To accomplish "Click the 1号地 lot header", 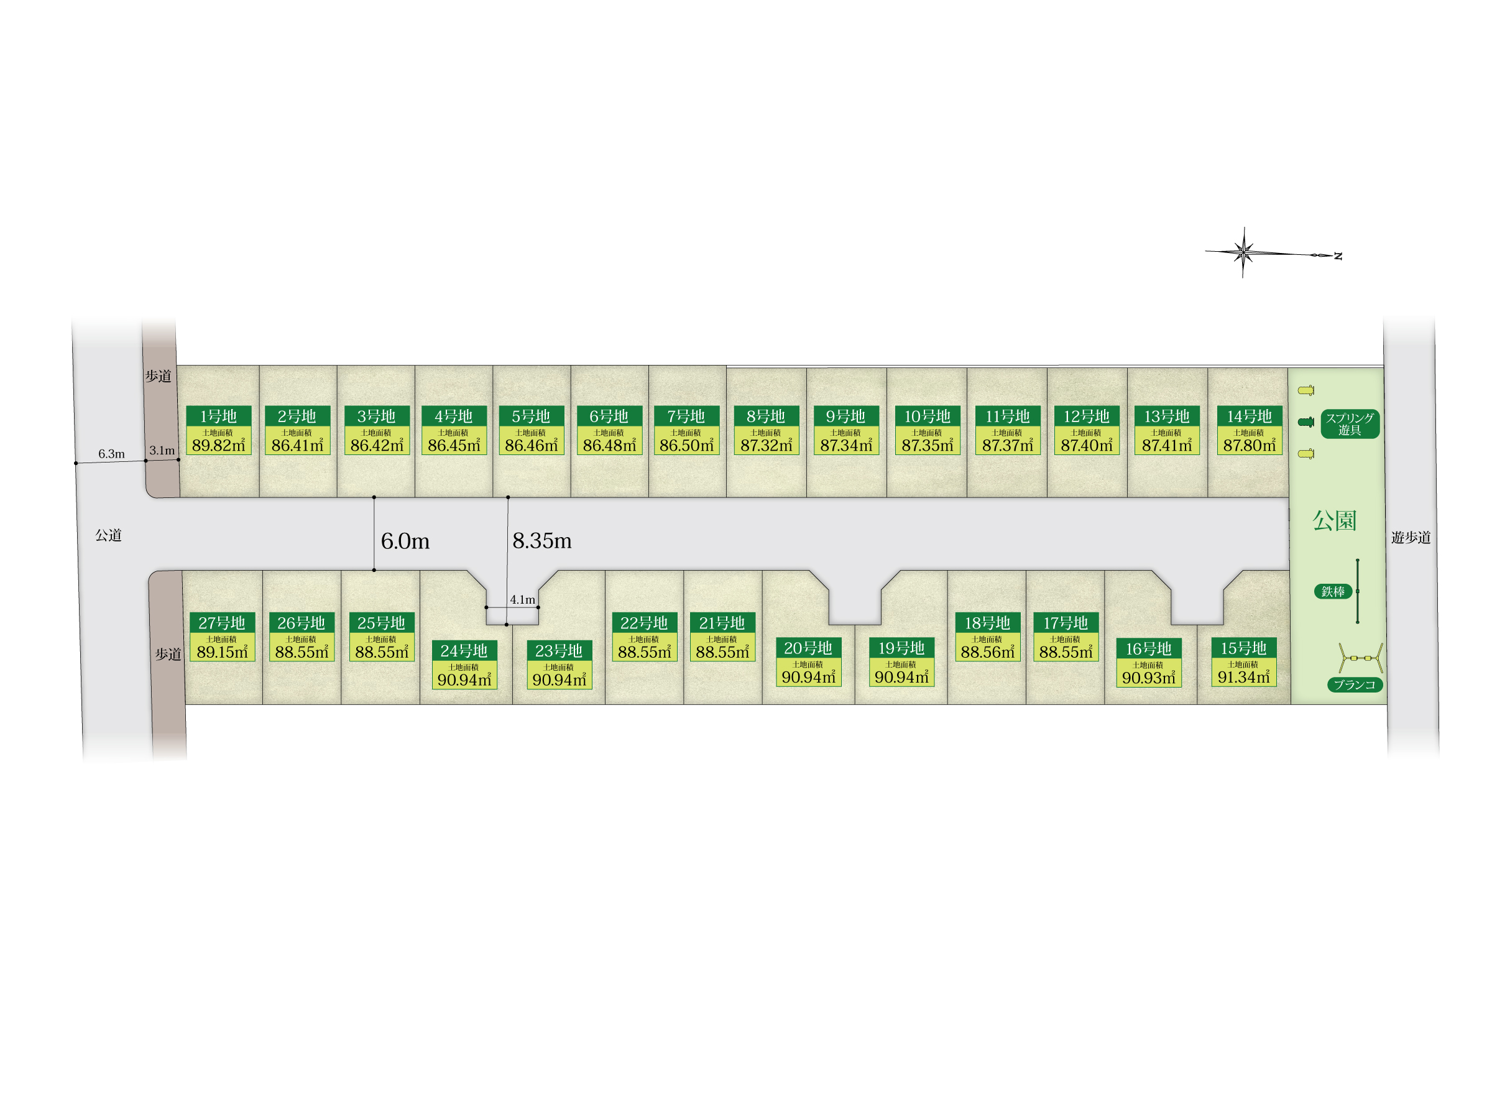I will click(x=219, y=416).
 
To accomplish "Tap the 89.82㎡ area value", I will click(x=219, y=445).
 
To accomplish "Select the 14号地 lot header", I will click(x=1248, y=416).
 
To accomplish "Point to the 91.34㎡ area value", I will click(x=1243, y=677).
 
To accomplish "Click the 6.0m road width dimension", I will click(x=405, y=541).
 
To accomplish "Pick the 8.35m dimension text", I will click(x=541, y=541).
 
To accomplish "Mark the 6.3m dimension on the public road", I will click(x=111, y=454).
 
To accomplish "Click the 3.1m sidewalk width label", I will click(x=162, y=451).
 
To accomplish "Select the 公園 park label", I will click(x=1333, y=521).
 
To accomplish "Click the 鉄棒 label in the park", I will click(x=1333, y=592).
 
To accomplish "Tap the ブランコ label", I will click(x=1355, y=684).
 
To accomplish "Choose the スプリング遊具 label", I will click(x=1349, y=423).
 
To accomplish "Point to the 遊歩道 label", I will click(x=1411, y=538).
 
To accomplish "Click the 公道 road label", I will click(x=108, y=535).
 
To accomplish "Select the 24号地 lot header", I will click(x=464, y=651).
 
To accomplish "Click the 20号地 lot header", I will click(x=808, y=648).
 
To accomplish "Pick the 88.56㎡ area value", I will click(x=987, y=652).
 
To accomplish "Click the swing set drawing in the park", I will click(x=1360, y=658).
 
